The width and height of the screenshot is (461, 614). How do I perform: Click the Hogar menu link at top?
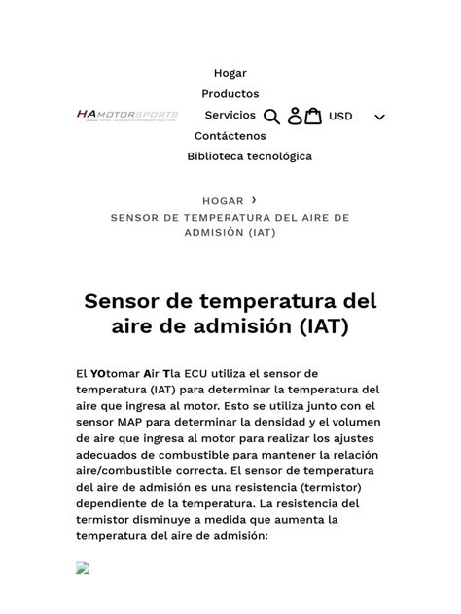(230, 73)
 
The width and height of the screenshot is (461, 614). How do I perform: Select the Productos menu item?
(230, 94)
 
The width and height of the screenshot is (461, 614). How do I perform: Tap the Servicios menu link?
(230, 116)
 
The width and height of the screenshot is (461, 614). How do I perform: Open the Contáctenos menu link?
(230, 136)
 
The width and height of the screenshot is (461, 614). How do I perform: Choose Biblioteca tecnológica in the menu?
(250, 156)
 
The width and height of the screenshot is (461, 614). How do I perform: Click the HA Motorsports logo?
(127, 116)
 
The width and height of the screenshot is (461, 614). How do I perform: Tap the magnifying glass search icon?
(272, 117)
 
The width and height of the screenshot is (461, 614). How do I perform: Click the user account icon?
(295, 117)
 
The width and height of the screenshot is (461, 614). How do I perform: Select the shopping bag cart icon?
(313, 117)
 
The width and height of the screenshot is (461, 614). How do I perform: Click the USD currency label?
(340, 117)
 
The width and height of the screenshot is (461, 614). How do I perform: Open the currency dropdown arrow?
(379, 118)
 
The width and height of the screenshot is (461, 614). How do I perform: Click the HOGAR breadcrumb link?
(223, 201)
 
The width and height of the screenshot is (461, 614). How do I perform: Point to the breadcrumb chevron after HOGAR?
(254, 200)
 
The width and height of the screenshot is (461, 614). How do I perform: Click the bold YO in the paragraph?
(99, 374)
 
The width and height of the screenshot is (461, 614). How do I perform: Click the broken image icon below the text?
(84, 567)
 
